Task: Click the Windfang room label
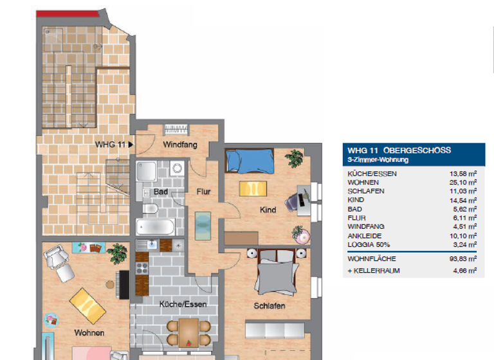[180, 145]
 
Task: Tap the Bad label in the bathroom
[161, 192]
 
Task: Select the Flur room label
[203, 192]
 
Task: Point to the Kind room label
[268, 210]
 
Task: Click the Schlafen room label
[270, 306]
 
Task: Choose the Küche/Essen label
[183, 304]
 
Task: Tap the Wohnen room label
[89, 332]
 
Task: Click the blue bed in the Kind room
[250, 161]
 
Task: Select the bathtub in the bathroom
[155, 227]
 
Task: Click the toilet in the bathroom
[151, 208]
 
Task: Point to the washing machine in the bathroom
[177, 168]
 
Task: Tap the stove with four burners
[142, 268]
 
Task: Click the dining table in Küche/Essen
[188, 332]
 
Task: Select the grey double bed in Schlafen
[277, 271]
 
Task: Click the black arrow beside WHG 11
[131, 145]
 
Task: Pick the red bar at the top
[68, 14]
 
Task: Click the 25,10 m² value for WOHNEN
[463, 183]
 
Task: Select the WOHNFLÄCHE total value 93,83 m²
[463, 259]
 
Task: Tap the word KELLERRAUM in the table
[376, 271]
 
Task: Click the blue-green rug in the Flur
[203, 226]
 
